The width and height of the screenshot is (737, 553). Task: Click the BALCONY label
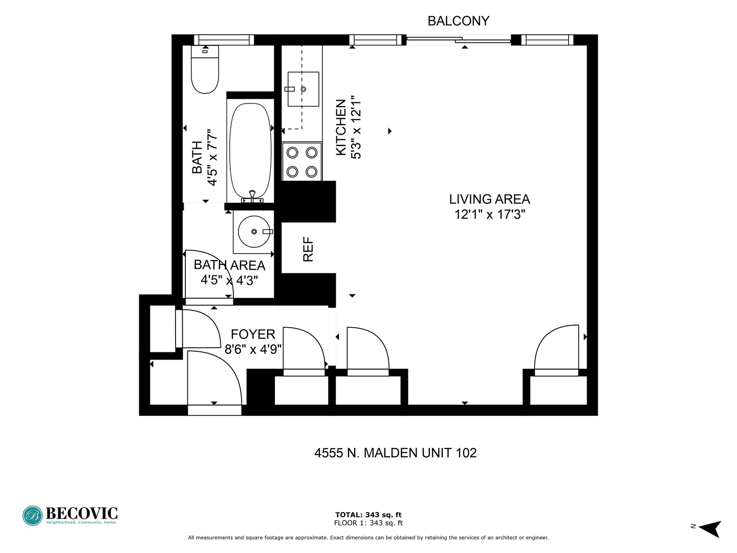pos(458,21)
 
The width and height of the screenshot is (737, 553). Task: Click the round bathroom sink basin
pos(254,231)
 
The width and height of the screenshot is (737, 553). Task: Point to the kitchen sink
pos(303,89)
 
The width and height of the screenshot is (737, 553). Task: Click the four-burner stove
pos(302,162)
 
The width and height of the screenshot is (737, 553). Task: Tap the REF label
pos(308,249)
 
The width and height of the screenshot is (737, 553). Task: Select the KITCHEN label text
pos(341,127)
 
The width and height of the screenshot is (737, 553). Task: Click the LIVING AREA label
pos(489,199)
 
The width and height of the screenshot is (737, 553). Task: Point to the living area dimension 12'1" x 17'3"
pos(490,215)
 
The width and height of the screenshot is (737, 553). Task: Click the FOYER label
pos(253,334)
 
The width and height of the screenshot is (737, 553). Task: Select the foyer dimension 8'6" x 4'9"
pos(253,349)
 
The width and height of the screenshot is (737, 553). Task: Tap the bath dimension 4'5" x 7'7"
pos(212,158)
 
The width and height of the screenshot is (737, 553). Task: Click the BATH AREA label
pos(229,265)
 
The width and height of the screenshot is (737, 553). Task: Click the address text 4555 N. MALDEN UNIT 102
pos(395,453)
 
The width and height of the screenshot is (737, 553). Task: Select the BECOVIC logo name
pos(82,513)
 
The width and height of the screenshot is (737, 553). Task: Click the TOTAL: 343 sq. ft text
pos(368,515)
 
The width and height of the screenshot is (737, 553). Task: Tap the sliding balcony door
pos(459,39)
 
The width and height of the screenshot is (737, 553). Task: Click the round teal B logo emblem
pos(33,516)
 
